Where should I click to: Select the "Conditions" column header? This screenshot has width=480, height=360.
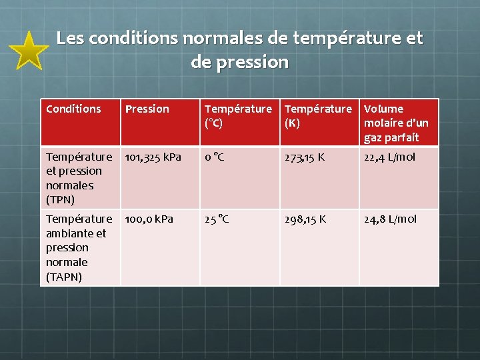(x=73, y=109)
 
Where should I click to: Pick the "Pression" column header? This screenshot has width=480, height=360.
(x=147, y=109)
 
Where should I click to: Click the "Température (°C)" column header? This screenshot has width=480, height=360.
(x=238, y=115)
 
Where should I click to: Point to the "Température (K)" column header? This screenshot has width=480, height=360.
(x=318, y=115)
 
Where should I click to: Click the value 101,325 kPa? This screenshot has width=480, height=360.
(x=153, y=157)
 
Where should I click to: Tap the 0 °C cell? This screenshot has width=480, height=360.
(x=215, y=157)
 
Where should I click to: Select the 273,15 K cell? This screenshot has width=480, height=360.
(x=305, y=157)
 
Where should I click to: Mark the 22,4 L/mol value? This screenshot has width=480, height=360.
(x=389, y=157)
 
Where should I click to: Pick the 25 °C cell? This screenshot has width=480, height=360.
(x=217, y=219)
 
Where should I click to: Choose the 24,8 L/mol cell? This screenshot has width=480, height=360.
(x=390, y=219)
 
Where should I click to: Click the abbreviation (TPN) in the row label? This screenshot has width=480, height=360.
(x=60, y=199)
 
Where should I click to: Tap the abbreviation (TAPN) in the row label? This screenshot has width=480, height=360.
(x=64, y=277)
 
